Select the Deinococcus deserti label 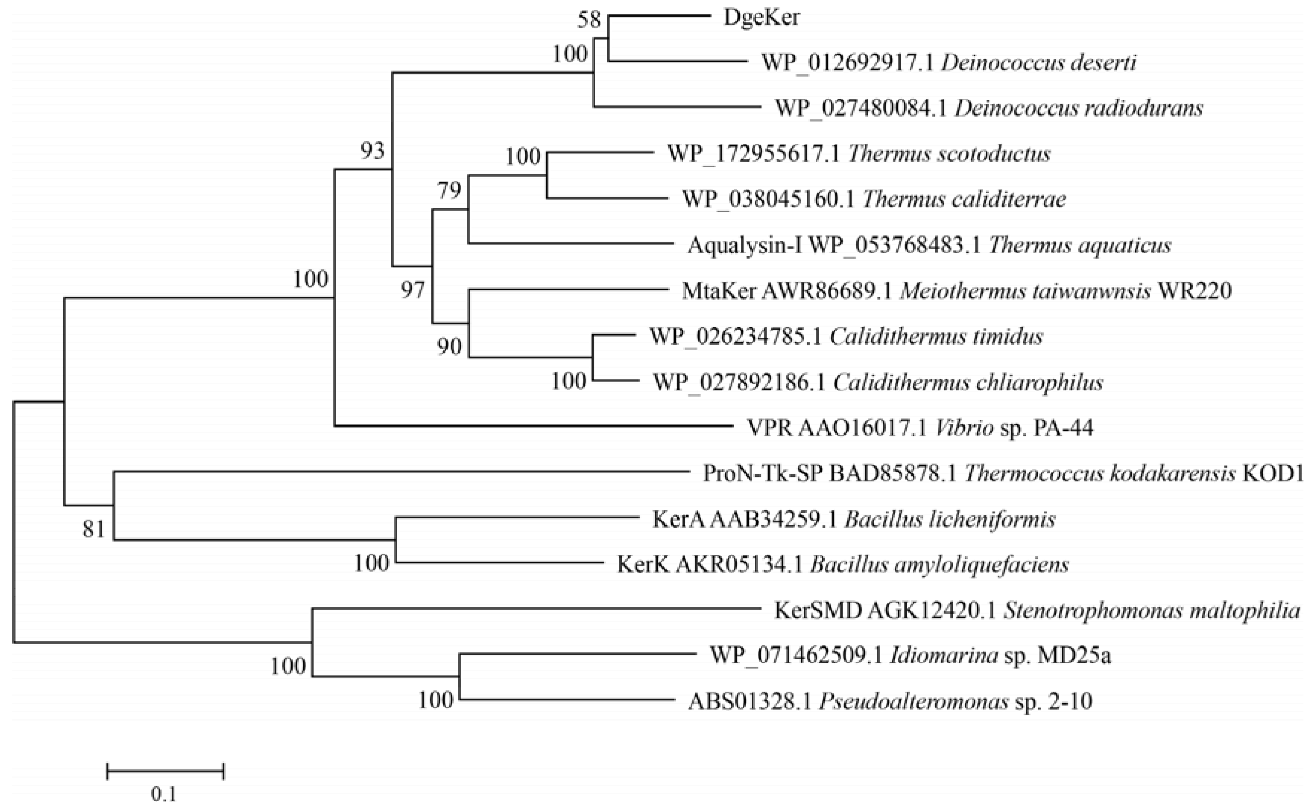coord(948,63)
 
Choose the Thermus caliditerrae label coord(874,199)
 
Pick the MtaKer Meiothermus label coord(957,291)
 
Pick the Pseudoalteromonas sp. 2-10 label coord(890,701)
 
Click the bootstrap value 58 coord(589,20)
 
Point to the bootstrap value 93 coord(372,151)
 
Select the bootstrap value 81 coord(94,529)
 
